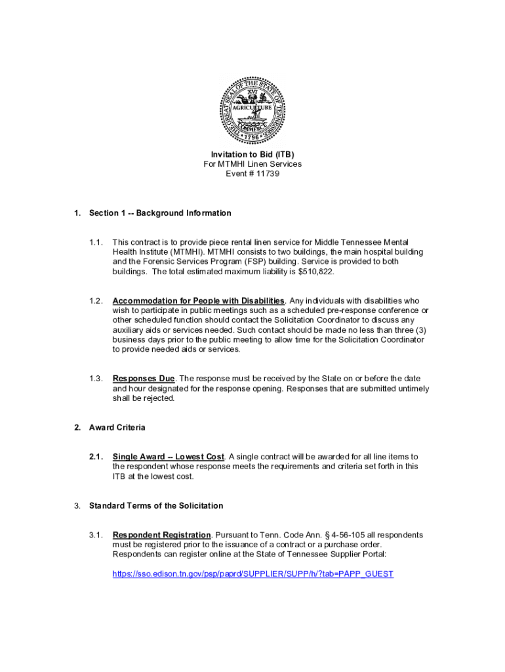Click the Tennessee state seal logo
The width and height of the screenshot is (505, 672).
[253, 110]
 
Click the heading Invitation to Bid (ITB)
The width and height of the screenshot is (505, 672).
[253, 154]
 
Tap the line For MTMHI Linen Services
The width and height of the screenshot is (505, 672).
[253, 164]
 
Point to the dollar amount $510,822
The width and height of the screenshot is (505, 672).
[288, 271]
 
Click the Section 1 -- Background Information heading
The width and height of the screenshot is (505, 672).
[160, 213]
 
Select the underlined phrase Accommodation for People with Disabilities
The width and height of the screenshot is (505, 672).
[199, 301]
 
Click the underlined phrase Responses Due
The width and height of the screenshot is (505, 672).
[144, 379]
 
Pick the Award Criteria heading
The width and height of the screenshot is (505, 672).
[117, 427]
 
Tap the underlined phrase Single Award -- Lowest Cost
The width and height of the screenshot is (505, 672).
[169, 456]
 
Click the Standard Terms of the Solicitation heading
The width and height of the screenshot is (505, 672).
[156, 505]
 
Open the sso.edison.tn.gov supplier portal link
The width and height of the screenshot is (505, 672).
[253, 574]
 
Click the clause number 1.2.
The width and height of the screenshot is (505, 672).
[96, 301]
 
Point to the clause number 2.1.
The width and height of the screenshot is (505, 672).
[96, 456]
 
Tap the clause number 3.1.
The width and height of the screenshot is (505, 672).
[96, 535]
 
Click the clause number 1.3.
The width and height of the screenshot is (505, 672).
[96, 379]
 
